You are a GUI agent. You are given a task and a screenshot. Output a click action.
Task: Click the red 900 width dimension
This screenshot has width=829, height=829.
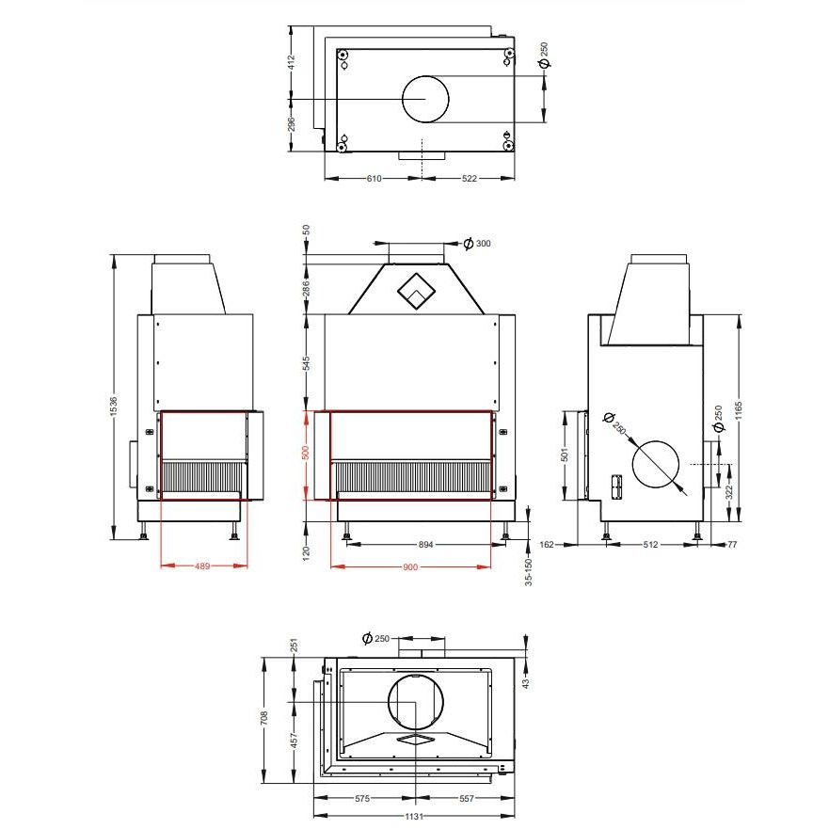(410, 567)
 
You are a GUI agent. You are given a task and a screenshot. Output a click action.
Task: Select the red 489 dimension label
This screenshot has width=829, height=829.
(202, 566)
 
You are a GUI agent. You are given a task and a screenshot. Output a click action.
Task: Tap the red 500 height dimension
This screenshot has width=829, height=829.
(306, 453)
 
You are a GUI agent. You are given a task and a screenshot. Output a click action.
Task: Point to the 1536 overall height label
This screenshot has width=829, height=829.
(114, 407)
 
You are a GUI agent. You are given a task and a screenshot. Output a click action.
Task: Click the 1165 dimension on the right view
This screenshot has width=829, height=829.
(739, 411)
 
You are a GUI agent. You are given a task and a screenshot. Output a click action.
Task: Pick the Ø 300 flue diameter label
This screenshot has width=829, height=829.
(477, 244)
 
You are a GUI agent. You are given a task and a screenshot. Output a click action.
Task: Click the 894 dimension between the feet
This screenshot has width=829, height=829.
(425, 545)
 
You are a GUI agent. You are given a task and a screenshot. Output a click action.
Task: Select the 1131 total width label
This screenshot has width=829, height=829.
(414, 817)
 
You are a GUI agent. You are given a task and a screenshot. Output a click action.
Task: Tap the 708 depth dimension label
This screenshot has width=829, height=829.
(264, 717)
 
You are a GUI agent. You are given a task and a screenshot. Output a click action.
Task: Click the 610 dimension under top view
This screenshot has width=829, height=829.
(374, 179)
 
